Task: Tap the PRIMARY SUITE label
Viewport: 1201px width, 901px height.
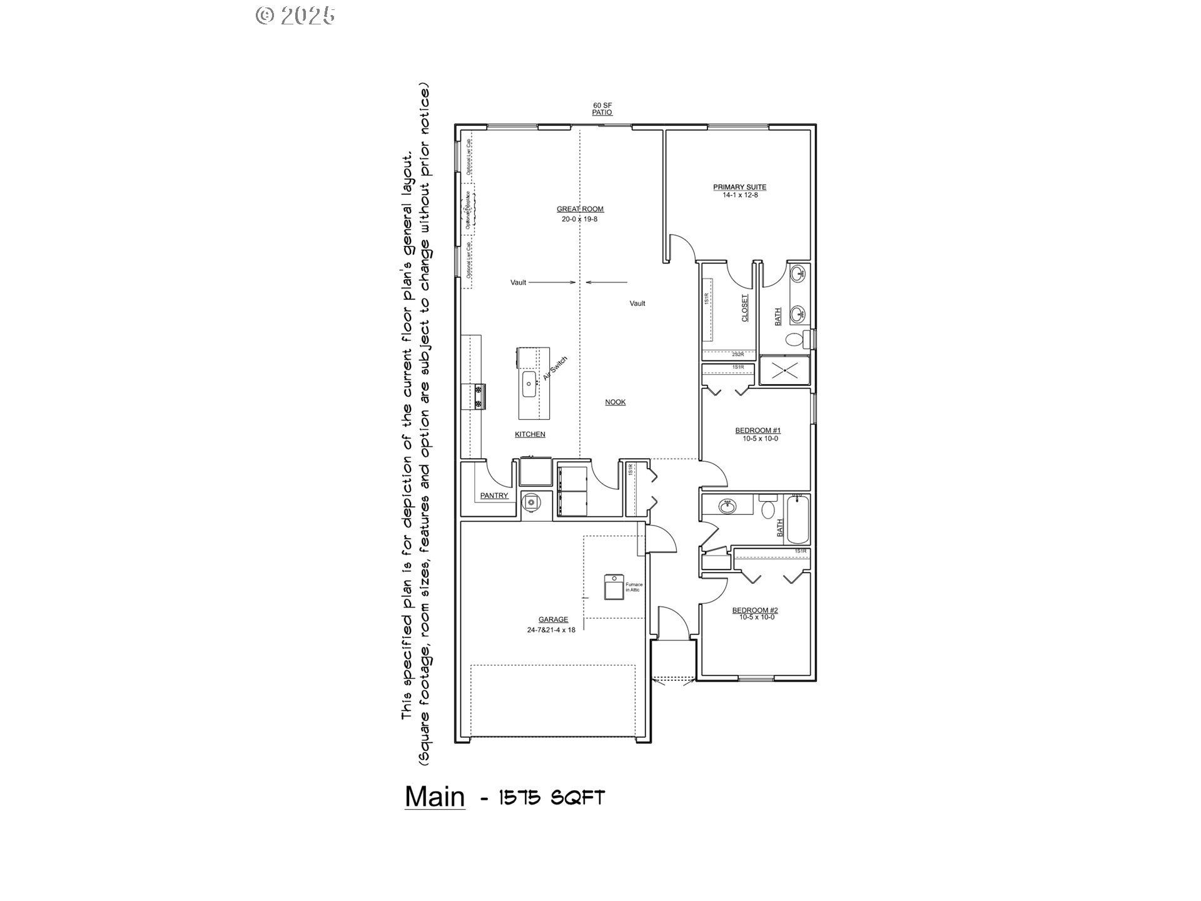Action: [739, 187]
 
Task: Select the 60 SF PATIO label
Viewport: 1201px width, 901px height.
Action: [602, 109]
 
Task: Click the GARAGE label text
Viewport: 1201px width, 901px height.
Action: [553, 619]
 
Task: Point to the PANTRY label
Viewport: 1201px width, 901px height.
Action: [494, 496]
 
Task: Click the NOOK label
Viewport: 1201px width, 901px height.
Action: [615, 402]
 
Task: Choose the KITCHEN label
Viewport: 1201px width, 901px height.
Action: [530, 434]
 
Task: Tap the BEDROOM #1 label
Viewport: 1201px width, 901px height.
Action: [758, 430]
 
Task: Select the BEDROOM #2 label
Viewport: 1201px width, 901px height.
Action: [755, 610]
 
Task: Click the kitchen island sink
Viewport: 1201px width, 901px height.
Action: [529, 384]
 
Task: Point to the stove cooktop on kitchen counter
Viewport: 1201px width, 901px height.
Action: [480, 397]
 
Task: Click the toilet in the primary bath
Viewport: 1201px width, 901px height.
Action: [794, 340]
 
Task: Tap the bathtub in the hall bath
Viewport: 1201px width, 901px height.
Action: [798, 519]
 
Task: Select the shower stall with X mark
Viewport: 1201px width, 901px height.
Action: [784, 370]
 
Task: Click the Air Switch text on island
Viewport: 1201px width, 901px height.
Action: [555, 369]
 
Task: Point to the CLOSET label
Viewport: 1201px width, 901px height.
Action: [744, 308]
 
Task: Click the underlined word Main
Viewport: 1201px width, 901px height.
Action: [435, 797]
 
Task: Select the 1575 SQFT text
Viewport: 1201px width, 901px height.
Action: [550, 798]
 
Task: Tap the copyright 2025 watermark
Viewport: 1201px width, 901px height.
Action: [295, 16]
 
